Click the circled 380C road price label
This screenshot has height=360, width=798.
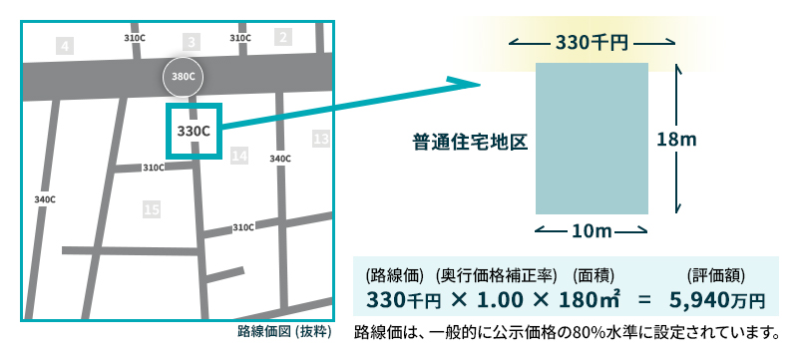click(x=183, y=76)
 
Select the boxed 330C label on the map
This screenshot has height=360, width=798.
click(x=193, y=130)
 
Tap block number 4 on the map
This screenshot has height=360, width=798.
click(x=65, y=46)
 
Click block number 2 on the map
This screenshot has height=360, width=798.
click(x=283, y=38)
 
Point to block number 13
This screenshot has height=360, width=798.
click(x=320, y=139)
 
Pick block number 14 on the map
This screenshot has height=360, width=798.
click(x=238, y=156)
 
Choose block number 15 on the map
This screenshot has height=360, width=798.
click(x=152, y=209)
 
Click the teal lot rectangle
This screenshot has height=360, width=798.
click(x=593, y=139)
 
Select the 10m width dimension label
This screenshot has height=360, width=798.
click(x=592, y=231)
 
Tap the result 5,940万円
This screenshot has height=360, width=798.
click(x=716, y=298)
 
